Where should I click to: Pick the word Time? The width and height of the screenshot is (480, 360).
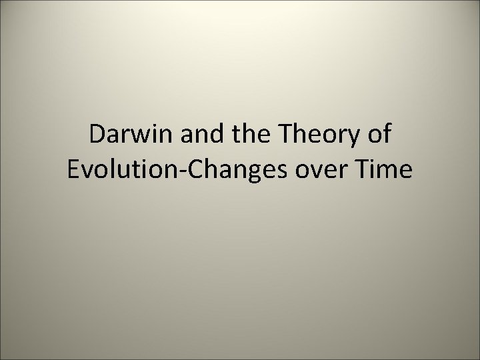[x=383, y=169]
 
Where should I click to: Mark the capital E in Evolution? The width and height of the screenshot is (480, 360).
[x=74, y=169]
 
